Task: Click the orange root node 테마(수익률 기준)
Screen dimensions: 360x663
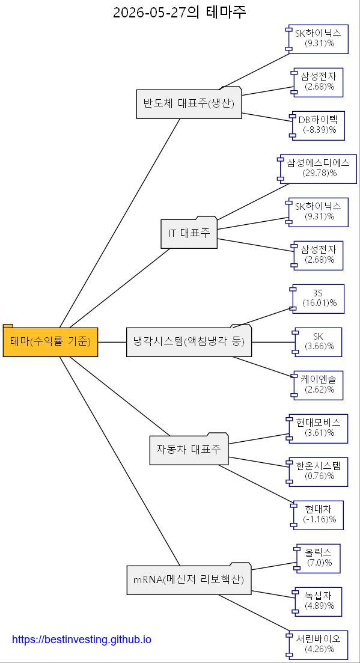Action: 50,340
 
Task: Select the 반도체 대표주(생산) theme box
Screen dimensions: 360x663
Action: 189,103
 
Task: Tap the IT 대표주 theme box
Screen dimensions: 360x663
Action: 189,233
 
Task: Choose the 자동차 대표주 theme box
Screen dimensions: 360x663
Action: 189,448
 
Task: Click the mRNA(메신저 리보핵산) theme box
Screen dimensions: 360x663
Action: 189,578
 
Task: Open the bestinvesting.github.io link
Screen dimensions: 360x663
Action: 81,640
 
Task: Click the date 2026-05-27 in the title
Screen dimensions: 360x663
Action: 150,13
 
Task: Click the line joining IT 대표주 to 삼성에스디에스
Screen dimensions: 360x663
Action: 253,202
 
